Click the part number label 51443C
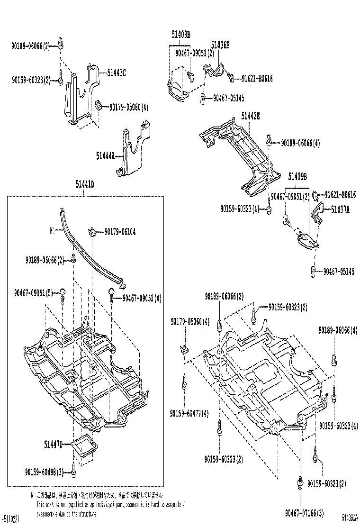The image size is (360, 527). click(x=116, y=73)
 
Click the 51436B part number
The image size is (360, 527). click(x=220, y=45)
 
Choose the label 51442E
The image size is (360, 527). click(x=250, y=115)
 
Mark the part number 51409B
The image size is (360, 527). click(x=297, y=177)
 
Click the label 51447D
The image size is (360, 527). click(x=53, y=445)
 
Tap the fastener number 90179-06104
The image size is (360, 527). click(x=120, y=231)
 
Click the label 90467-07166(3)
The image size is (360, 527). click(x=304, y=512)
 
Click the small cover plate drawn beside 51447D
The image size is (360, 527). click(x=84, y=446)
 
